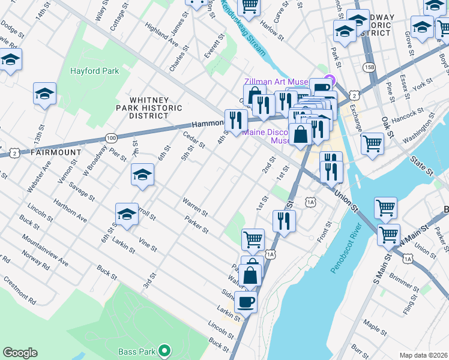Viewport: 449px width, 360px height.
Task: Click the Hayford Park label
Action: click(x=94, y=71)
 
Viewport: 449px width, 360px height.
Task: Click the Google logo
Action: click(x=20, y=353)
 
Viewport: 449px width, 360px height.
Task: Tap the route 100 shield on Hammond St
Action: click(x=111, y=138)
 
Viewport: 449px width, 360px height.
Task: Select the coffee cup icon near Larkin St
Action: click(x=245, y=301)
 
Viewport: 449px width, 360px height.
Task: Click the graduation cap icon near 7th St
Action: click(x=142, y=175)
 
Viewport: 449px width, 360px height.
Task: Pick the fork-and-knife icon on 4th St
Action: click(x=236, y=120)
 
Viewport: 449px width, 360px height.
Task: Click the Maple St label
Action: click(x=375, y=329)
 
